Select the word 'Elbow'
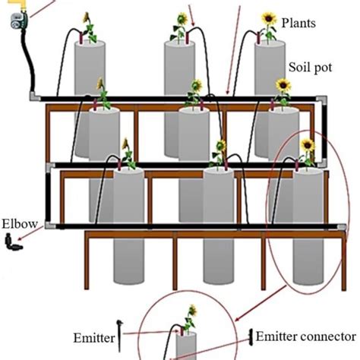click(17, 224)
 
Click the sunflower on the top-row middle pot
click(182, 21)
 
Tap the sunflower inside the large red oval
click(307, 146)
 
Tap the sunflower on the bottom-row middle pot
click(220, 146)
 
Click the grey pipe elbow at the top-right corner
click(324, 99)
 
